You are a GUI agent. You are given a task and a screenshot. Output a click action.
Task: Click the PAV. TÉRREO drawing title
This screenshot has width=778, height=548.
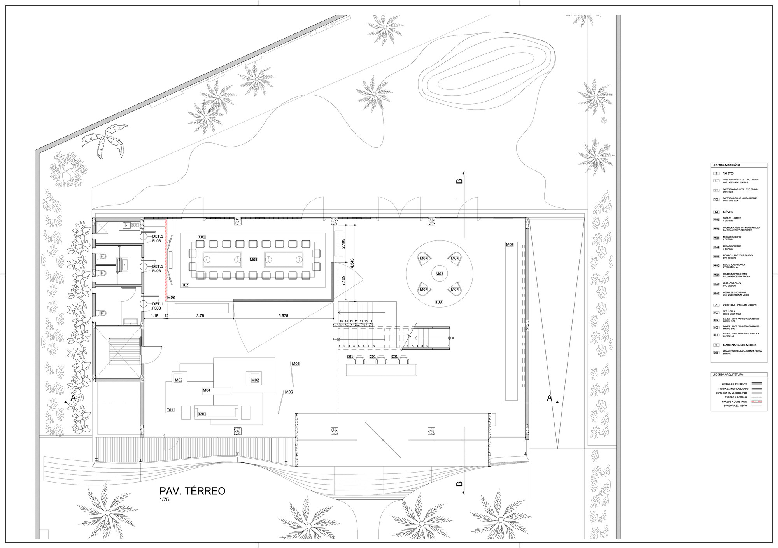click(x=192, y=491)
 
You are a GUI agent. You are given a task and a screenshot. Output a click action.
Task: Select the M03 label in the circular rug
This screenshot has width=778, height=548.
click(x=439, y=274)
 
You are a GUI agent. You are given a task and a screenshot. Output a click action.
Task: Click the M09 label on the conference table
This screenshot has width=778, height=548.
click(x=253, y=259)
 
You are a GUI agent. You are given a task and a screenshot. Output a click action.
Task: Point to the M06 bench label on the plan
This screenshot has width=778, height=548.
click(x=510, y=245)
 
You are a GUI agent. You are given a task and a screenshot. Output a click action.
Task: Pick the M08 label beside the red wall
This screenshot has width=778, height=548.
click(x=171, y=298)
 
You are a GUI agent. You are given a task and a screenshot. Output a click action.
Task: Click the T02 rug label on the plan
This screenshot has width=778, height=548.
click(x=185, y=285)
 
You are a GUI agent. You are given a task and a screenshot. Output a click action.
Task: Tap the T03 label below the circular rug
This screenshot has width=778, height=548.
click(x=439, y=302)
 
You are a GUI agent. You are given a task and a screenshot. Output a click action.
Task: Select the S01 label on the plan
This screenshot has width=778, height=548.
click(x=135, y=225)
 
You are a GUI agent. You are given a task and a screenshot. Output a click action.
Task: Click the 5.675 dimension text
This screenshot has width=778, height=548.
click(x=283, y=316)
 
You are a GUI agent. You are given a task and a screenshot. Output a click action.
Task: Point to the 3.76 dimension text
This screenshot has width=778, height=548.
click(x=200, y=316)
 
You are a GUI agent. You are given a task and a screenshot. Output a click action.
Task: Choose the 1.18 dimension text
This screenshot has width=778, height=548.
click(x=154, y=316)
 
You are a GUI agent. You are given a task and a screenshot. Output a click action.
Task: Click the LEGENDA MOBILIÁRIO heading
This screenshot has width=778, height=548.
click(x=726, y=165)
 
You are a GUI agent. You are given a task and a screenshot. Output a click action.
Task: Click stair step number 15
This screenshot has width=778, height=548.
click(x=341, y=321)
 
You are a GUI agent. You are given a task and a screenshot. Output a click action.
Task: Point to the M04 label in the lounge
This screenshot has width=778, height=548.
click(x=207, y=390)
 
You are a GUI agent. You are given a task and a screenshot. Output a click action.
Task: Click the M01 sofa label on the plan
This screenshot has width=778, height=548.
click(x=202, y=414)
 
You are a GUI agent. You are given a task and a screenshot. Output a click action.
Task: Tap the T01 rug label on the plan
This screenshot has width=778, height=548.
click(x=170, y=410)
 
